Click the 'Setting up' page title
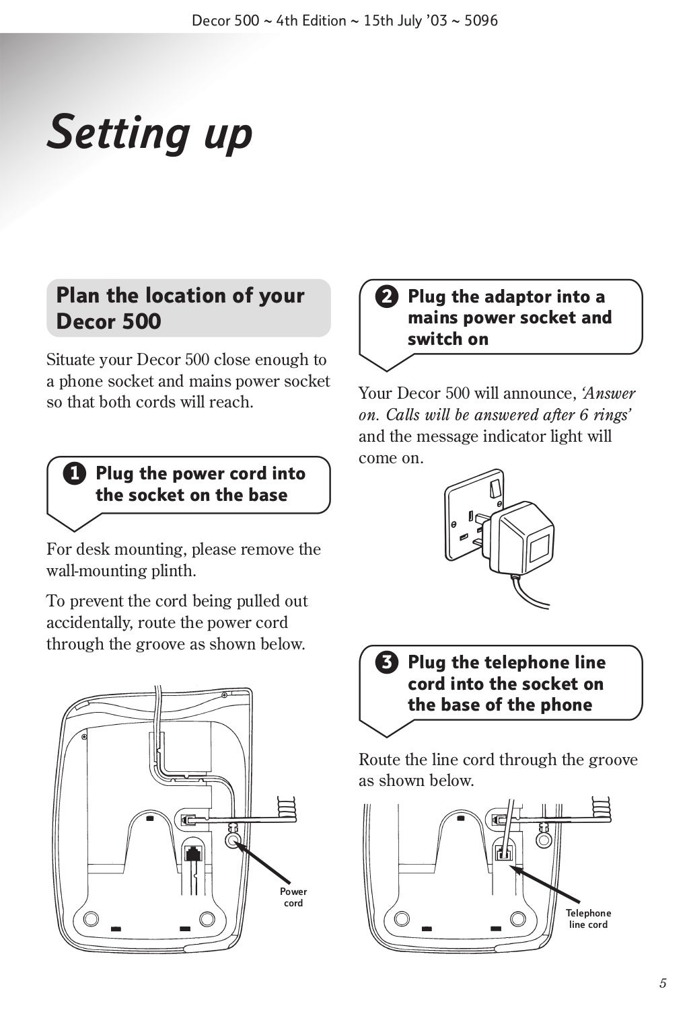[149, 132]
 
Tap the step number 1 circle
[75, 474]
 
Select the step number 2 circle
[386, 297]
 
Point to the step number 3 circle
[386, 663]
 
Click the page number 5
[663, 984]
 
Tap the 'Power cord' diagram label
[293, 897]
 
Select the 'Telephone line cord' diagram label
[588, 918]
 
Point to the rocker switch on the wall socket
[496, 487]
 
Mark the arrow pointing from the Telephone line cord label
[545, 883]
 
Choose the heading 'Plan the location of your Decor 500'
[180, 308]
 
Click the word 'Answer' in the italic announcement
[610, 393]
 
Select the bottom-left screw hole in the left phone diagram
[90, 918]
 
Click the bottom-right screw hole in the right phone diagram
[518, 918]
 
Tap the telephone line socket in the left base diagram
[194, 854]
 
